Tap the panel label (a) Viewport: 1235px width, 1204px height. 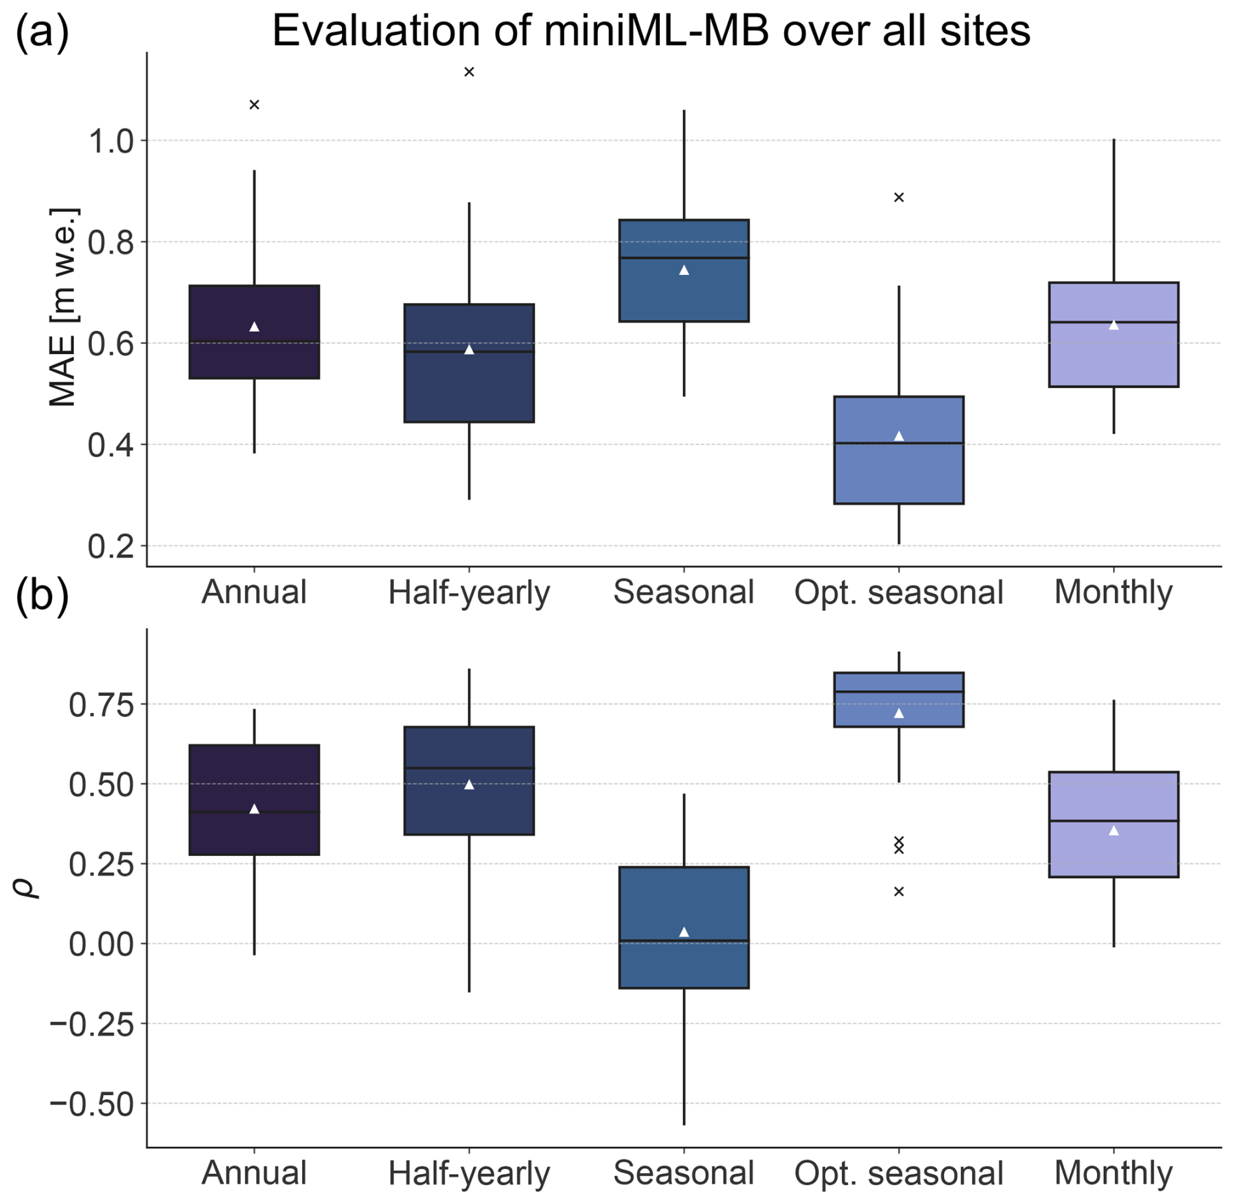click(x=42, y=31)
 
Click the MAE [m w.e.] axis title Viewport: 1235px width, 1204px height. click(x=63, y=307)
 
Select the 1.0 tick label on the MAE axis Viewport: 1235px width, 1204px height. click(x=110, y=141)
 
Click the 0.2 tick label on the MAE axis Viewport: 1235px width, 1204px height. click(x=110, y=546)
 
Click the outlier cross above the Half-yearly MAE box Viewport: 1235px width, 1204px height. click(x=469, y=72)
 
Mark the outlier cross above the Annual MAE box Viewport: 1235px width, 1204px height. click(x=255, y=104)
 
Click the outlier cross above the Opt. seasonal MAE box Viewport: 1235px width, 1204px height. click(x=899, y=197)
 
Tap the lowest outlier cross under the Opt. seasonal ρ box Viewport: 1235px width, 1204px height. click(x=899, y=891)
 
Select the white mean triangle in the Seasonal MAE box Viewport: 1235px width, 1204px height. click(x=684, y=270)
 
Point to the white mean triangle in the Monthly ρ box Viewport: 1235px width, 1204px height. click(x=1114, y=831)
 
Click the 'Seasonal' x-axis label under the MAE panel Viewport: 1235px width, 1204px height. click(x=683, y=592)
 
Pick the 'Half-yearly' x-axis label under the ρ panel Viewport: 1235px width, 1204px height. click(x=469, y=1173)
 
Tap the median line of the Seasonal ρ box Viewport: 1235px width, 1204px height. click(x=684, y=941)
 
